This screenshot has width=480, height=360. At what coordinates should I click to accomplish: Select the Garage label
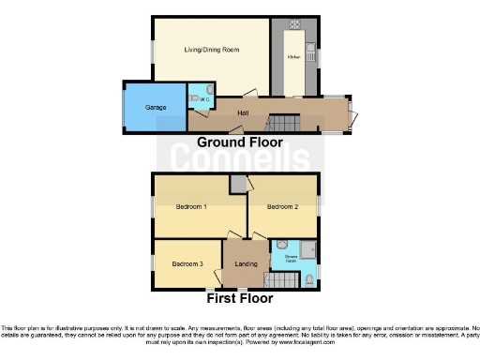click(156, 108)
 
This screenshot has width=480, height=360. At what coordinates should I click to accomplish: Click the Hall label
click(242, 113)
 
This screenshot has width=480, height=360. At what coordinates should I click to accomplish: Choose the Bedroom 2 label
click(282, 207)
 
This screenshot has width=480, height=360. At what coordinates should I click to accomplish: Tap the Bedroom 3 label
click(187, 263)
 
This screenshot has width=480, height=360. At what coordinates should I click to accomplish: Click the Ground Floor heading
click(239, 142)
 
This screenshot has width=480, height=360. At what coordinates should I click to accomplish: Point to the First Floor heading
click(239, 299)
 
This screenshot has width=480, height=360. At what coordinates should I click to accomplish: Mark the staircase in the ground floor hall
click(282, 122)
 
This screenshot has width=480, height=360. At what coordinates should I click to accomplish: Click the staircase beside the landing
click(281, 279)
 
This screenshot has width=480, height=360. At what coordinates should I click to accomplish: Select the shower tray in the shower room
click(307, 249)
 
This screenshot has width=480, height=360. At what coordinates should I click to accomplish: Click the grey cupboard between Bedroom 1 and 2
click(238, 185)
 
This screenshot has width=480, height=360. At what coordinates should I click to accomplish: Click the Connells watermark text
click(239, 161)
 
